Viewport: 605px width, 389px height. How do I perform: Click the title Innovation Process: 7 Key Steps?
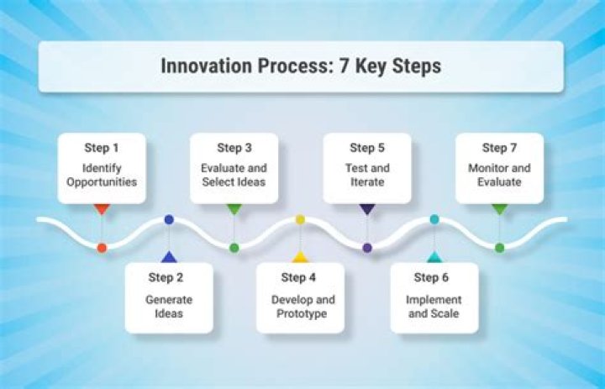(x=300, y=66)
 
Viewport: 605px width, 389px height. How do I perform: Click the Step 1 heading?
(x=102, y=148)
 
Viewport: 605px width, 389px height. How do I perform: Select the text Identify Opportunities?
(x=102, y=175)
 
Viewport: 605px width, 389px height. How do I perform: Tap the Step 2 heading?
(x=169, y=277)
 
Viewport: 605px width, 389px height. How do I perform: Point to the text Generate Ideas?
(x=169, y=306)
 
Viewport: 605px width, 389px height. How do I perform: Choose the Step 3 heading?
(x=234, y=148)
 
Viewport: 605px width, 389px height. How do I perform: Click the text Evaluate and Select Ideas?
(x=234, y=175)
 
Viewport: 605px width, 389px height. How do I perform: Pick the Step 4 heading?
(x=300, y=277)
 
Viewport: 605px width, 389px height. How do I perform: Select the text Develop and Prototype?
(x=300, y=306)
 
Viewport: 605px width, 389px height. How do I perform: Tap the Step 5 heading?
(x=366, y=148)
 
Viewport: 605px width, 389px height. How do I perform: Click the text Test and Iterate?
(x=366, y=175)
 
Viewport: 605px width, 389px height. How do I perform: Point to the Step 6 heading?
(x=434, y=277)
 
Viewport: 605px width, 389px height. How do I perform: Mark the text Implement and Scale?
(x=434, y=306)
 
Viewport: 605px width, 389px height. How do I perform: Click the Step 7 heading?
(x=499, y=148)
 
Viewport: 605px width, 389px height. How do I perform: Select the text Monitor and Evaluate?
(x=499, y=175)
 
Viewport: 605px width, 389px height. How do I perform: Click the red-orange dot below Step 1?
(x=102, y=248)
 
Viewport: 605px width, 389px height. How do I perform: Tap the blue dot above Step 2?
(x=169, y=219)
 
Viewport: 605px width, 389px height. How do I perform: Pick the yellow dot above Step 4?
(x=300, y=219)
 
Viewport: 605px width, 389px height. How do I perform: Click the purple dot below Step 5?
(x=367, y=248)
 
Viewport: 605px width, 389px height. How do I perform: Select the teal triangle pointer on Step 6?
(x=434, y=257)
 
